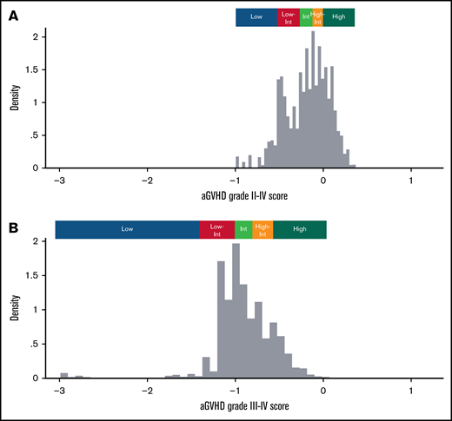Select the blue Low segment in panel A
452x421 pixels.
[256, 17]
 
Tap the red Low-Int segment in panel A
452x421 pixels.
[289, 17]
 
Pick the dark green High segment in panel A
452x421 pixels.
[339, 17]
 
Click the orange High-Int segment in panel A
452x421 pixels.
[317, 17]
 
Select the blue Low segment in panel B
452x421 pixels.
[127, 229]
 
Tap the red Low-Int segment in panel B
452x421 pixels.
[216, 229]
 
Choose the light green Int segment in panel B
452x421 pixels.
[243, 229]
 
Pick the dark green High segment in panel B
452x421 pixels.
[300, 229]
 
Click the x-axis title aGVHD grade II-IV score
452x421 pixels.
[235, 197]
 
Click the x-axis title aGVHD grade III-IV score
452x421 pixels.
[235, 405]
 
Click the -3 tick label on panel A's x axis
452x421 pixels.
[59, 181]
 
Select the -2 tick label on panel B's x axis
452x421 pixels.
[148, 390]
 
